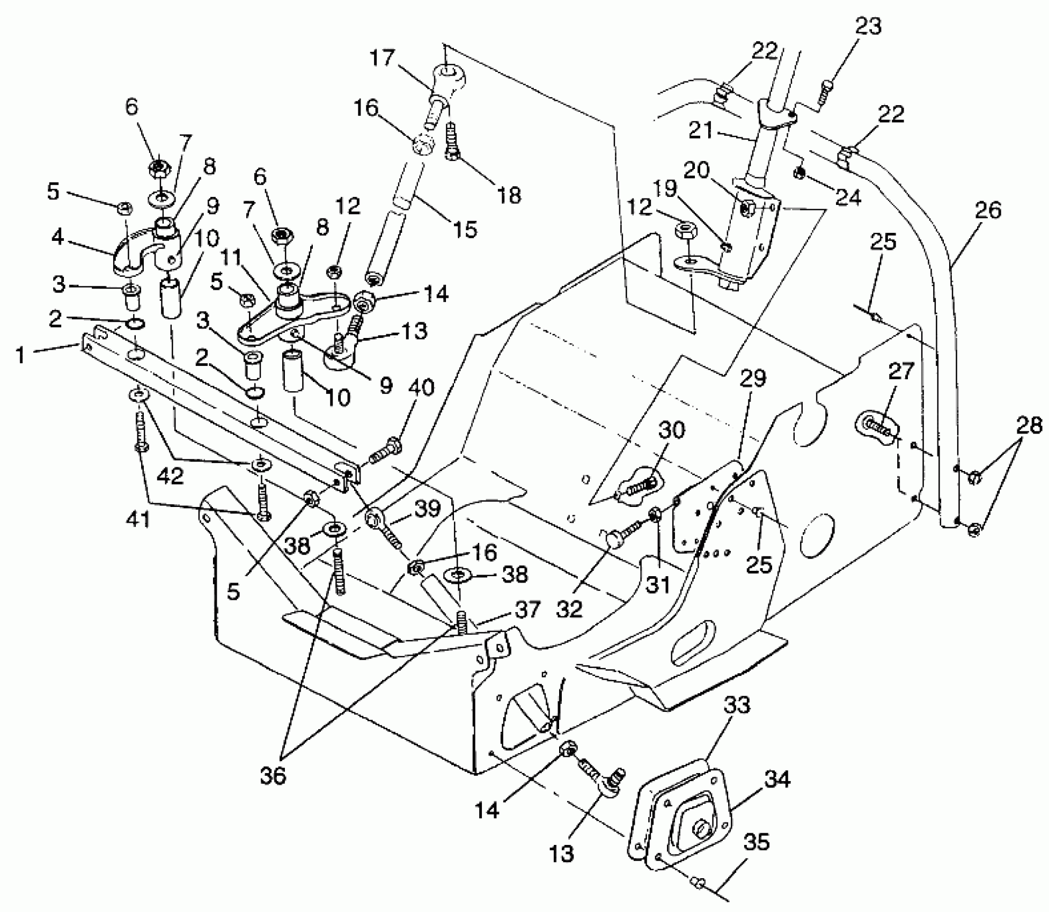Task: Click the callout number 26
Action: [988, 210]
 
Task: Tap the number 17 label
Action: [382, 58]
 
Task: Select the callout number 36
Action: [273, 776]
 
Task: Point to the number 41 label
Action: [138, 519]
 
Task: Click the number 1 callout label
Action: [20, 355]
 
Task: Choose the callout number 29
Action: [753, 379]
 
